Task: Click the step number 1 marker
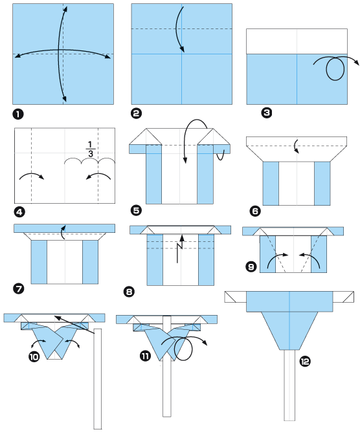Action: pyautogui.click(x=18, y=114)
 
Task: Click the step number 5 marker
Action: pyautogui.click(x=136, y=210)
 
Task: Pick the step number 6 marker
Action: pyautogui.click(x=254, y=210)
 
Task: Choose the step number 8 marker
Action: pyautogui.click(x=129, y=292)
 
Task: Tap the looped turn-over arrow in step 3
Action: pyautogui.click(x=335, y=68)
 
